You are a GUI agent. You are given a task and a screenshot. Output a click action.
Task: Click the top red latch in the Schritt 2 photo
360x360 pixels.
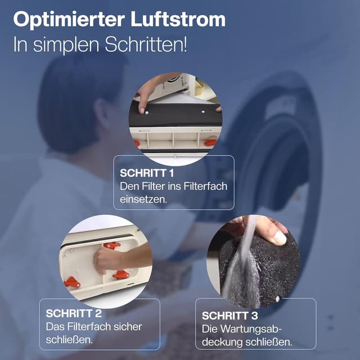[x=112, y=245]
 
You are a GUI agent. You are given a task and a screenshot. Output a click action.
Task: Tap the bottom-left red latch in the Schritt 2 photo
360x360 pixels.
[x=72, y=282]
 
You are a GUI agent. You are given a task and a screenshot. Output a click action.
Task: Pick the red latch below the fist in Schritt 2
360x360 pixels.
[x=121, y=274]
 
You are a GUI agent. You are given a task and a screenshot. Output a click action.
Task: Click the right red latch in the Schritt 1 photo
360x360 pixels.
[x=210, y=142]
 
